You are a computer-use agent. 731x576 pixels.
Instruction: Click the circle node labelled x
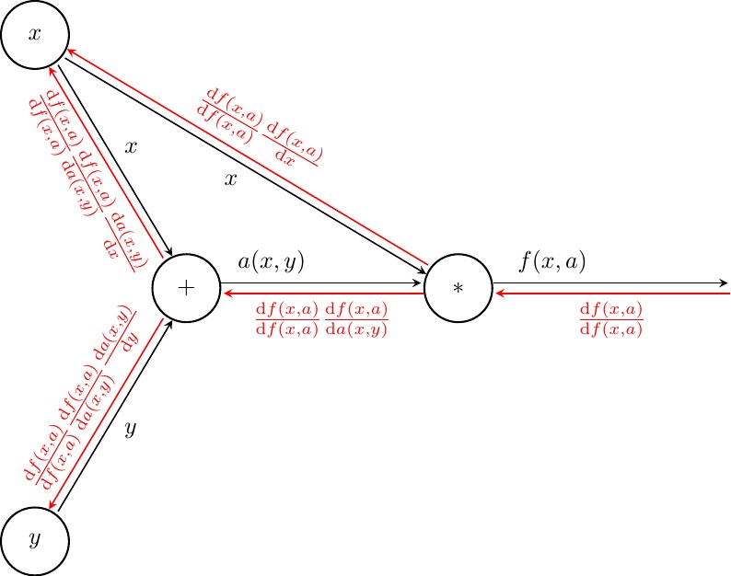click(x=36, y=34)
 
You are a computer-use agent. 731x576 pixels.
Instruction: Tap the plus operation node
click(x=186, y=287)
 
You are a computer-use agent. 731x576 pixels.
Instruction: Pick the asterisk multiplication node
click(x=458, y=287)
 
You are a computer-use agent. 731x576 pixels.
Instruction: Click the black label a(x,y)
click(x=271, y=262)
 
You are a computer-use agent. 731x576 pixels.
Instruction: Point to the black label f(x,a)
click(x=552, y=262)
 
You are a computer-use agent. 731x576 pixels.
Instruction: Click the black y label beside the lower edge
click(x=131, y=428)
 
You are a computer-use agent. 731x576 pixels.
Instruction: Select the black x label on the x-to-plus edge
click(x=131, y=147)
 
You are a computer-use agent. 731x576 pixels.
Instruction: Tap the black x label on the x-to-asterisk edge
click(x=231, y=179)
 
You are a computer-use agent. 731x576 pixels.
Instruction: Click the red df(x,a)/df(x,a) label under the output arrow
click(x=611, y=318)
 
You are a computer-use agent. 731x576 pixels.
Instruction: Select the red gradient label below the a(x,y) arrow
click(x=321, y=318)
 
